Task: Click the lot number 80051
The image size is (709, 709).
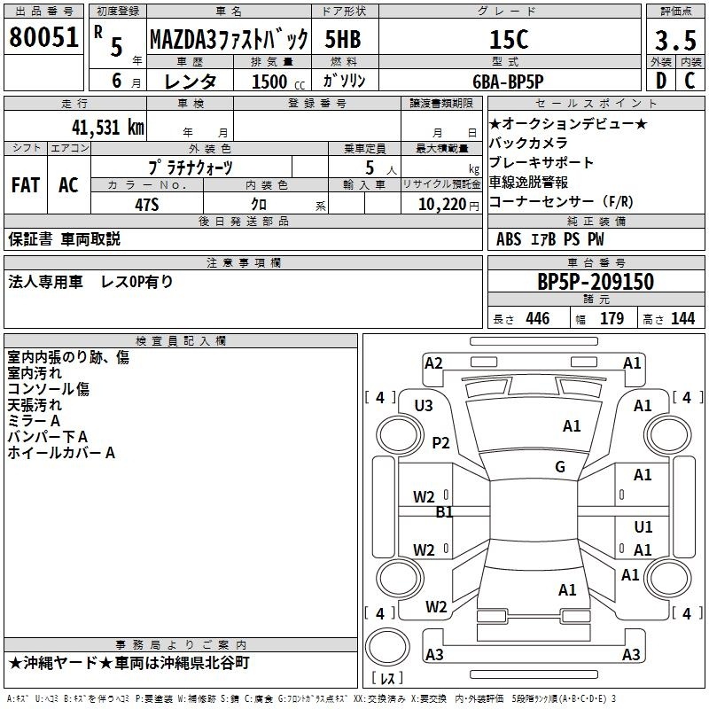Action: [x=43, y=37]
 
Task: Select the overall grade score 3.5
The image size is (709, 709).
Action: [x=675, y=40]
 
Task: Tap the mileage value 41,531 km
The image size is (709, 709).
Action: [x=108, y=127]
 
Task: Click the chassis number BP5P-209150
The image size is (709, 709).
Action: [x=596, y=282]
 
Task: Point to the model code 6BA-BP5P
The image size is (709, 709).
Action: [x=508, y=82]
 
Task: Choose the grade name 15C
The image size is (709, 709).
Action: [x=509, y=39]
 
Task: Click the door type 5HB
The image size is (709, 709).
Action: [x=343, y=39]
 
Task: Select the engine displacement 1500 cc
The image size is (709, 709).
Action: [x=278, y=82]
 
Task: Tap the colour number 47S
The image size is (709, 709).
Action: [x=147, y=205]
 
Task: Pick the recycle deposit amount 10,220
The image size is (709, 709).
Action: [x=442, y=205]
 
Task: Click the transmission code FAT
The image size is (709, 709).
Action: [x=26, y=185]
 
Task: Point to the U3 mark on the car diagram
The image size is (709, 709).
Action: [x=424, y=406]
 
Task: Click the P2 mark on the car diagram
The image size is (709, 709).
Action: [x=440, y=442]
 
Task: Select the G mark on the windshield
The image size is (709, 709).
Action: [x=560, y=466]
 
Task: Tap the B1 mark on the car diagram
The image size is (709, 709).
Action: [x=444, y=512]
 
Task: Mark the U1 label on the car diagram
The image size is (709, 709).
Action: [x=643, y=526]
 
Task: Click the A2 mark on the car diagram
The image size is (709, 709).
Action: [x=433, y=363]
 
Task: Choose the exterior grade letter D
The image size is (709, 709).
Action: [x=660, y=81]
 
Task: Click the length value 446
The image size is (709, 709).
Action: [x=538, y=318]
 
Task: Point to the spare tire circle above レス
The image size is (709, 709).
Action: [x=387, y=647]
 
